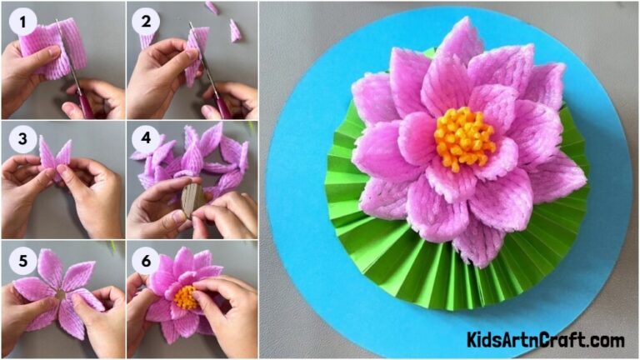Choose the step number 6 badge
click(x=147, y=260)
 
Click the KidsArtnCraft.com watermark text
click(x=545, y=340)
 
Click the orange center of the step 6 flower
click(x=186, y=297)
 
